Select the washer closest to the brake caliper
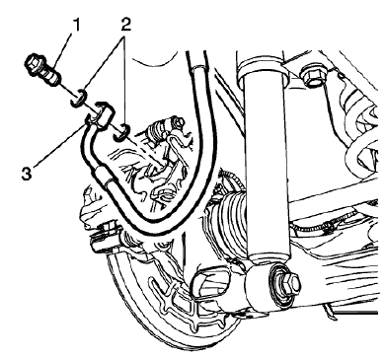(x=120, y=130)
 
